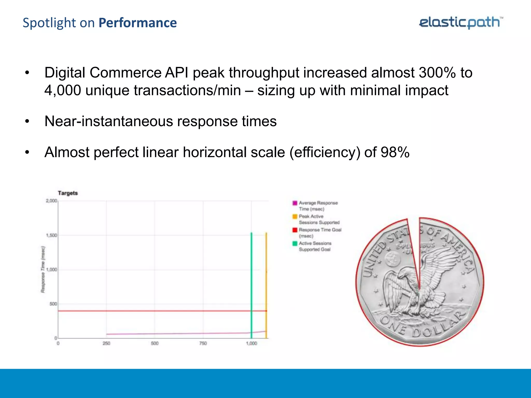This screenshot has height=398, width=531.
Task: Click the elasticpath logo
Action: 460,23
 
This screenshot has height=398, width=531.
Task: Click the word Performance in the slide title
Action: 138,23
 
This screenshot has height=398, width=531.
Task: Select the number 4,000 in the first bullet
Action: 62,90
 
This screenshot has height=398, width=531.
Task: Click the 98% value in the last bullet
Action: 395,152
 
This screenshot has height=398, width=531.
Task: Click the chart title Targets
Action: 68,193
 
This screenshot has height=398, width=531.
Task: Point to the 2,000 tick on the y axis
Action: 51,201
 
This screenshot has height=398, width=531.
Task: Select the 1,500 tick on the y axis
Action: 51,235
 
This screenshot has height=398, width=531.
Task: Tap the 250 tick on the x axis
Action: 106,343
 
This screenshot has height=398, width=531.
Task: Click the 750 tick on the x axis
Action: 203,343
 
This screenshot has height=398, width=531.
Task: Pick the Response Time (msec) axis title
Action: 43,269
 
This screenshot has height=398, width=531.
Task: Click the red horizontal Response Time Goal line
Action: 156,311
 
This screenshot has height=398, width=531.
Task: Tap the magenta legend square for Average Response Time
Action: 295,203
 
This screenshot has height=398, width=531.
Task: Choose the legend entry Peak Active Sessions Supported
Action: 319,219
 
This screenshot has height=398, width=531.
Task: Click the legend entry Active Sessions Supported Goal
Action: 315,246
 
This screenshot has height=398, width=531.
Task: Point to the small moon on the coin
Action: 392,259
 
